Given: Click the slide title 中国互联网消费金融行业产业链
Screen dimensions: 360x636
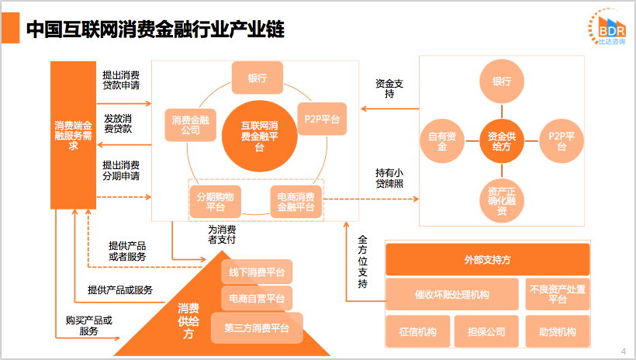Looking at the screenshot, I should coord(154,30).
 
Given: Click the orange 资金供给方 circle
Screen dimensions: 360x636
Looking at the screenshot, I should coord(501,140).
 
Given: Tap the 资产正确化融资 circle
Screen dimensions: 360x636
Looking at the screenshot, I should coord(501,199).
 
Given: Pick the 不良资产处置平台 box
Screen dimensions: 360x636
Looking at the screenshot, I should coord(557,294).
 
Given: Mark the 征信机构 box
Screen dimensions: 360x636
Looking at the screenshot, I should coord(417,332).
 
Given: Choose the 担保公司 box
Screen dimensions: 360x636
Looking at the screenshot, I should coord(486,332).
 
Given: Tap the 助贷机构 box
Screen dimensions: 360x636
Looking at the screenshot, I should coord(557,332).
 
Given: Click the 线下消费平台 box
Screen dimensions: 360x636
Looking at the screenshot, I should coord(256,272).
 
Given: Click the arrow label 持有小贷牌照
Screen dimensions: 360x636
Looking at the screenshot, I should coord(389,178).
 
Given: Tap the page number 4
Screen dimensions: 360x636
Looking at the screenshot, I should coord(624,351).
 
